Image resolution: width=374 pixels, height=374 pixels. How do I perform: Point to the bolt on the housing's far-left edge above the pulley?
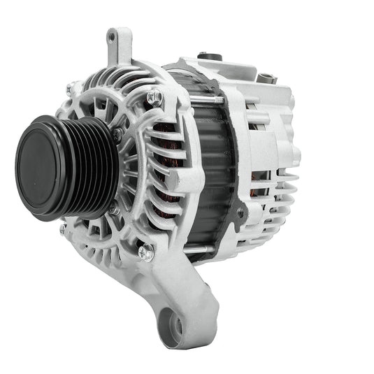[70, 89]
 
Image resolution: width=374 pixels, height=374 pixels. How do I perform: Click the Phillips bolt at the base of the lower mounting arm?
[145, 252]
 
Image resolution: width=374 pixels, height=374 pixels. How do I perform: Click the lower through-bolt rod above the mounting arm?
[210, 246]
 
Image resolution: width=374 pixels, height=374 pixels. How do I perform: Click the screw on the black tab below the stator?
[241, 212]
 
